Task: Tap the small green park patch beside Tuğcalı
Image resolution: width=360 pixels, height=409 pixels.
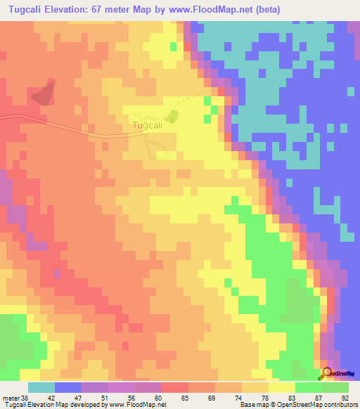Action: coord(168,117)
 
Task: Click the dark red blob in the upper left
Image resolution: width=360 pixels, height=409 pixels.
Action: coord(44,93)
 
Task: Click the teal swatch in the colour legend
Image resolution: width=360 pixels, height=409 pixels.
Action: coord(41,387)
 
